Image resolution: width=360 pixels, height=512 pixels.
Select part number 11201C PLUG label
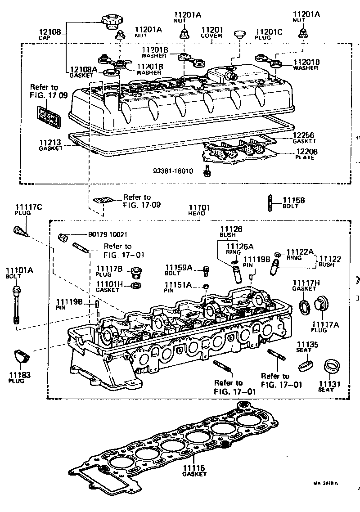click(x=269, y=35)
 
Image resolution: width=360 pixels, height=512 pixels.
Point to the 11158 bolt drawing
click(x=270, y=201)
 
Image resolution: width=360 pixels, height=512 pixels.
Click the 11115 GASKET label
click(x=194, y=471)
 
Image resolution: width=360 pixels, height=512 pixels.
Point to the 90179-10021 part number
click(x=108, y=234)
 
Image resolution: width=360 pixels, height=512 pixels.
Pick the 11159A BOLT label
click(x=179, y=270)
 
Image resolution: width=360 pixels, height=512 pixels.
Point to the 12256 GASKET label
click(x=304, y=137)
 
